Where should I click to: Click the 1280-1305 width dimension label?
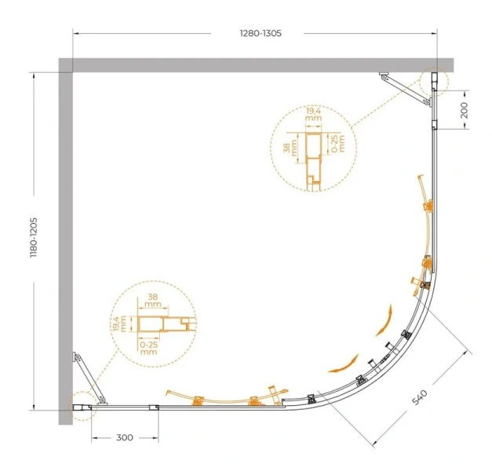[x=261, y=33]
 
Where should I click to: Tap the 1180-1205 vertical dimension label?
[x=34, y=238]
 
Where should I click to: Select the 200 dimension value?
[x=465, y=110]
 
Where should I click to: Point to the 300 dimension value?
[x=125, y=437]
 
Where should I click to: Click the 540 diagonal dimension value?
[x=420, y=397]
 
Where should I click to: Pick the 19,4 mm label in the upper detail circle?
[x=313, y=115]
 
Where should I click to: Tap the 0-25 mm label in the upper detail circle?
[x=338, y=144]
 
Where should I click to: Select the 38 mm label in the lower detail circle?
[x=153, y=300]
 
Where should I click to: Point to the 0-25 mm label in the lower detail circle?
[x=149, y=349]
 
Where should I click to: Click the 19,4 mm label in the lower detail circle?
[x=119, y=324]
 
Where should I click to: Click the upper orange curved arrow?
[x=384, y=320]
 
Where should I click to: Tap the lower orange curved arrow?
[x=344, y=364]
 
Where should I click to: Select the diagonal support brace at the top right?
[x=406, y=89]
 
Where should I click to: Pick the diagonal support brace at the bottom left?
[x=89, y=378]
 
